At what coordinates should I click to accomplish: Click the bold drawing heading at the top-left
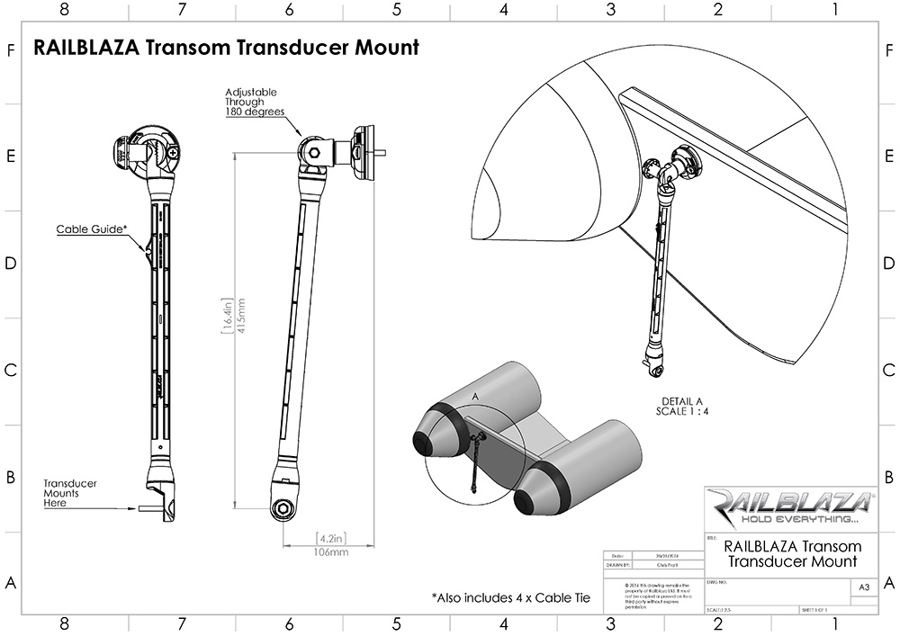(226, 48)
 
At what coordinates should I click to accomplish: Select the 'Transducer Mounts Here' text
(70, 493)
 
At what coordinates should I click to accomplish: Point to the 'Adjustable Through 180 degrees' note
(255, 103)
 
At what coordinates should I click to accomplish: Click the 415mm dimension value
(242, 317)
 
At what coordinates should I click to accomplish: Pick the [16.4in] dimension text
(228, 317)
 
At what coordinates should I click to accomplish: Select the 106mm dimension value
(331, 551)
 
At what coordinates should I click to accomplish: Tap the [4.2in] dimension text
(330, 539)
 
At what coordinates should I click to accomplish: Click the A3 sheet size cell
(864, 587)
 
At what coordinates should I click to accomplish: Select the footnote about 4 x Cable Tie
(510, 596)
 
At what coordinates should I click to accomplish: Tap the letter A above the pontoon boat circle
(474, 395)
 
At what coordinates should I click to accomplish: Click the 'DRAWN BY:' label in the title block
(622, 566)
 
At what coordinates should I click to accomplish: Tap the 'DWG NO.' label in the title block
(716, 582)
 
